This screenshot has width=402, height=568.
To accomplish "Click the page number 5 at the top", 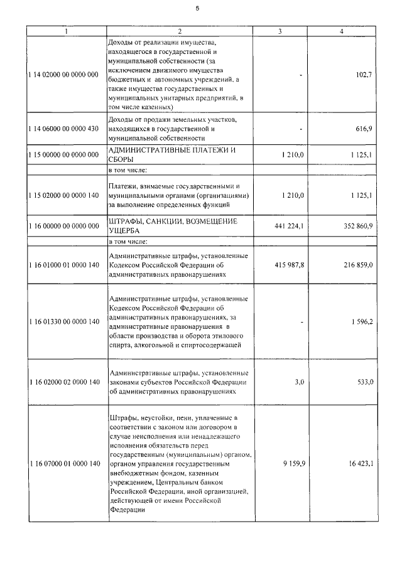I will click(x=197, y=8).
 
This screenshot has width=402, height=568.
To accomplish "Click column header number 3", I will click(x=280, y=31).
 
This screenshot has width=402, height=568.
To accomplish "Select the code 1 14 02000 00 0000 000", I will click(x=63, y=75).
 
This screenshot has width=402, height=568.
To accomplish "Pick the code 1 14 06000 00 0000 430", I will click(x=63, y=129).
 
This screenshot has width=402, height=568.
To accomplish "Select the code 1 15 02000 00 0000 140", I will click(x=63, y=196).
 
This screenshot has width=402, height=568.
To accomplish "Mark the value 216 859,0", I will click(x=356, y=265).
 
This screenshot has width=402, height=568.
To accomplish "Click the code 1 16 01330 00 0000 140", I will click(x=63, y=322).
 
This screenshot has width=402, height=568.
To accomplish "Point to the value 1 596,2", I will click(x=360, y=322).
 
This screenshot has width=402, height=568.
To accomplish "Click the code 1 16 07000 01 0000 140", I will click(x=63, y=464).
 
